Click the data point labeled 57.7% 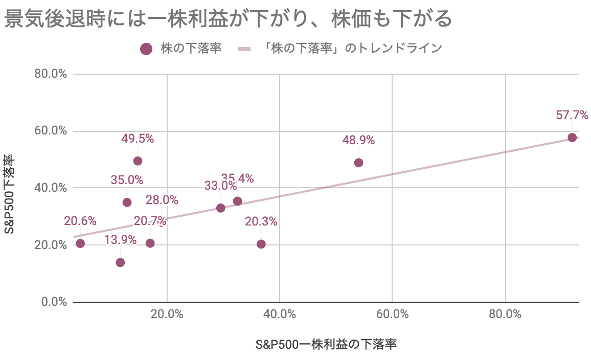click(572, 138)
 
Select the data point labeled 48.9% click(358, 163)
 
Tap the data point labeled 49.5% click(138, 161)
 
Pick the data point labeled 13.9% click(120, 262)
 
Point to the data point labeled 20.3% click(261, 244)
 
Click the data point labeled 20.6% click(80, 243)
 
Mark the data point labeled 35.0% click(127, 202)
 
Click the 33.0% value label click(220, 186)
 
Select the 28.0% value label click(162, 199)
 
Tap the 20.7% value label click(150, 221)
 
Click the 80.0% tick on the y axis click(51, 74)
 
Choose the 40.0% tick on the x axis click(280, 314)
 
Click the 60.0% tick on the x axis click(392, 314)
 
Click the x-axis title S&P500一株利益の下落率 click(326, 344)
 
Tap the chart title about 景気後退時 click(229, 19)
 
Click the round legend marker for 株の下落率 click(147, 49)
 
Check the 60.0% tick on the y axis click(51, 131)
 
